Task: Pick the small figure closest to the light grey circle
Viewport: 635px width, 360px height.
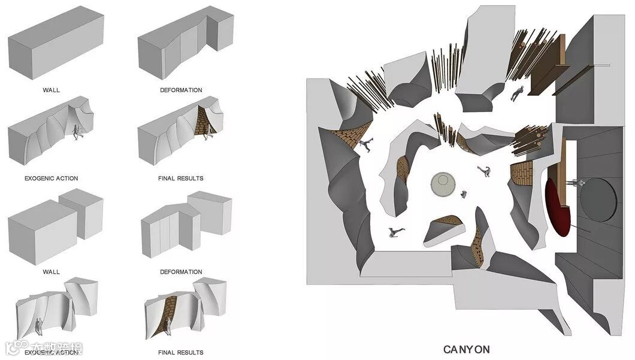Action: pyautogui.click(x=464, y=193)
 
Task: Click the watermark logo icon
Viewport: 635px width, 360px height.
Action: pyautogui.click(x=11, y=349)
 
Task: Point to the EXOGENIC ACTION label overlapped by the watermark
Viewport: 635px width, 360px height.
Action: pyautogui.click(x=52, y=352)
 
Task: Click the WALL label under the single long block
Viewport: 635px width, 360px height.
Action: pyautogui.click(x=52, y=90)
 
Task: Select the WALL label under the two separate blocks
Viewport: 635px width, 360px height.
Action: pyautogui.click(x=52, y=272)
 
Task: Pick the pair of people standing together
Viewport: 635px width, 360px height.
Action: pyautogui.click(x=40, y=326)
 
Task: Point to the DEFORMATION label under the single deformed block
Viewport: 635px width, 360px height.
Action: pyautogui.click(x=181, y=90)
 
